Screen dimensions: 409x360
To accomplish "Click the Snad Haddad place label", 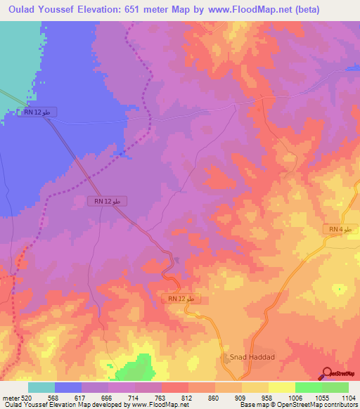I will click(252, 357).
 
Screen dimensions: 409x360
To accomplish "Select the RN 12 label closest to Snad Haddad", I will click(185, 299).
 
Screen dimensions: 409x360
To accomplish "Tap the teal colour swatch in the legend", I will click(41, 387).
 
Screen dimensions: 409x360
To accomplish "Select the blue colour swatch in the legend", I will click(68, 387).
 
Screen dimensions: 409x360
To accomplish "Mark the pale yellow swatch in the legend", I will click(281, 387).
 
